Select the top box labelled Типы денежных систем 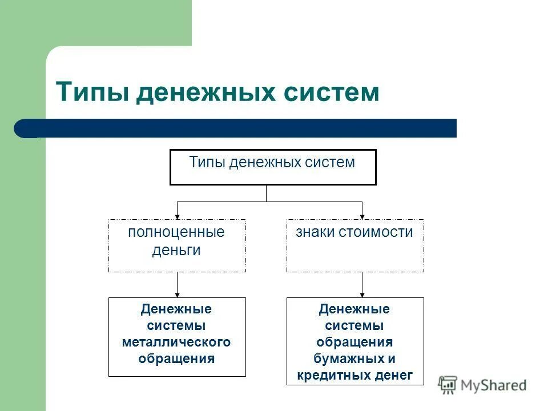point(273,167)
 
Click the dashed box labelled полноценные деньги point(177,246)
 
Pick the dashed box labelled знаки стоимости point(355,246)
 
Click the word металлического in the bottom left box point(176,342)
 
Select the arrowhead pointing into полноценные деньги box point(177,216)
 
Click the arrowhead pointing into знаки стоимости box point(362,216)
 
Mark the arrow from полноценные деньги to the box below point(177,284)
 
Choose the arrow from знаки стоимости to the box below point(362,284)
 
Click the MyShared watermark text point(493,385)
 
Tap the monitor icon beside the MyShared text point(448,385)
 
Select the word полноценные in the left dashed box point(176,232)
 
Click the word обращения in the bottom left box point(176,358)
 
